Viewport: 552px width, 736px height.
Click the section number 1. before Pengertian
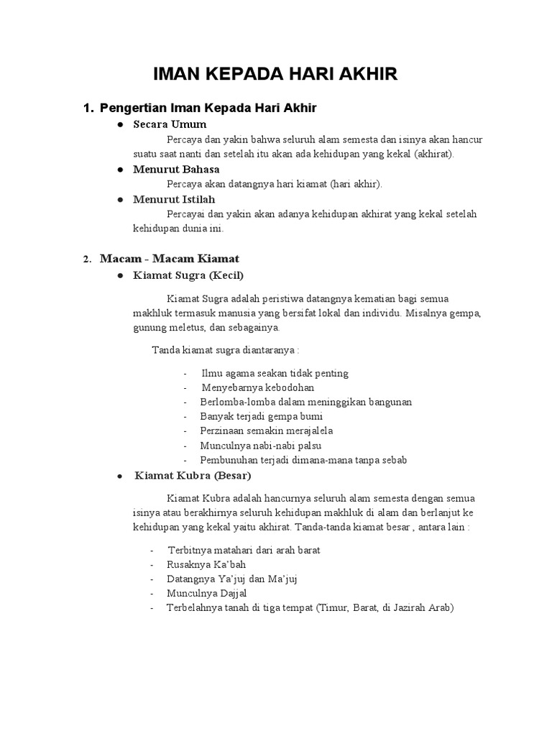(88, 109)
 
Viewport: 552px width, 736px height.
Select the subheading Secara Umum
(170, 124)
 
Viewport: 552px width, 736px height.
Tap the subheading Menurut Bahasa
(176, 170)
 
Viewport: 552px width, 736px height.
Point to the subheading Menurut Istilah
(174, 199)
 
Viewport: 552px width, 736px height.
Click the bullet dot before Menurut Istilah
(119, 200)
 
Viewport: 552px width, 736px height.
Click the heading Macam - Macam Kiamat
(170, 258)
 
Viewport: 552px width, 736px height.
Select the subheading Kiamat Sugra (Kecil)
(188, 275)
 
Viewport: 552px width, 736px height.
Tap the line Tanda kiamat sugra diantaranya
(225, 349)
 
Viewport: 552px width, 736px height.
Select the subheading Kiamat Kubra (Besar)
(193, 476)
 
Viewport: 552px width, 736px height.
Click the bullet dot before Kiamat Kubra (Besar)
(119, 477)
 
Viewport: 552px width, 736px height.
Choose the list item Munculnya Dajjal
(206, 593)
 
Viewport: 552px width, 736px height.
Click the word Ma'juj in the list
(284, 579)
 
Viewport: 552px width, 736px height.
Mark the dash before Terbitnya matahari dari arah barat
(152, 551)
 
